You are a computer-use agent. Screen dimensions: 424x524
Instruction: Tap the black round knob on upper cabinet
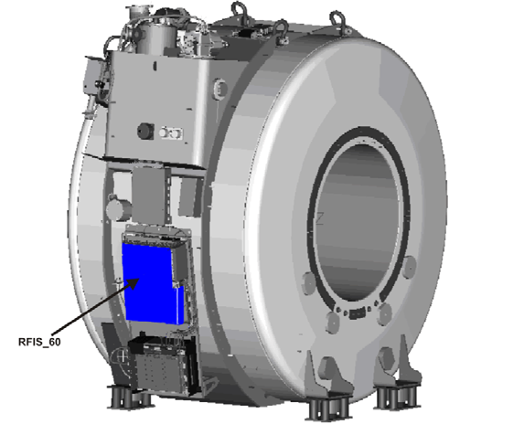(144, 129)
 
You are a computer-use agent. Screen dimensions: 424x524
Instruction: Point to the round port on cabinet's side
(219, 89)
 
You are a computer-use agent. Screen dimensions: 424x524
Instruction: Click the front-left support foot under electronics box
(125, 398)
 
